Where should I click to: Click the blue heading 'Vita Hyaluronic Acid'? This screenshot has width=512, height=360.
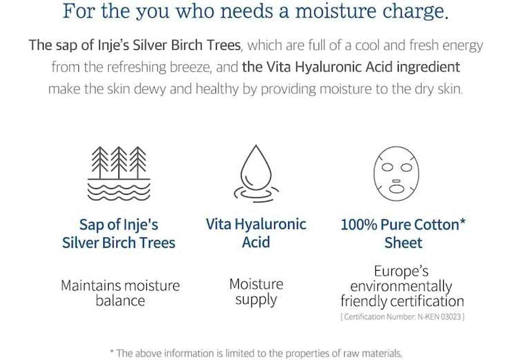point(256,233)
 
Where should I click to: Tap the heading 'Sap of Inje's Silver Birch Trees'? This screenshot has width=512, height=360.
point(119,233)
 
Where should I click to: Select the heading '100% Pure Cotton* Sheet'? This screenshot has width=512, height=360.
point(403,233)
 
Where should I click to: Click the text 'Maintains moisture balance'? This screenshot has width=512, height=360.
point(120,293)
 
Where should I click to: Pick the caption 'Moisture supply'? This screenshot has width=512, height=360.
point(256,292)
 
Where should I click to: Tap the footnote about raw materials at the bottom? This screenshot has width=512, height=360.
point(256,353)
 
